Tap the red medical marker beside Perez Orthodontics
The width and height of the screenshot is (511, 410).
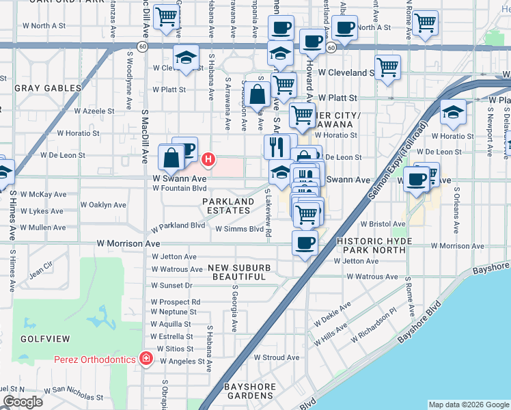pos(146,358)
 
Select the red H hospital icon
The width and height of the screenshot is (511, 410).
pos(209,160)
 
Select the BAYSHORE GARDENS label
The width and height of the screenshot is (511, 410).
pos(251,391)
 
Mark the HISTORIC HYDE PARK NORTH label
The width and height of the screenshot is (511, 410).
pos(374,246)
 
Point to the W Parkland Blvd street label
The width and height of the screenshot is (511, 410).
pos(178,225)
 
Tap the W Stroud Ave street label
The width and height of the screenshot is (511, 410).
pos(277,357)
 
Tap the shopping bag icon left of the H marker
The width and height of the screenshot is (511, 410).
pos(171,159)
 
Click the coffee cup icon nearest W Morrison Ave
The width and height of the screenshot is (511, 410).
pos(305,242)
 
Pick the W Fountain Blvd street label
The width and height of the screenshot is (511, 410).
pos(179,188)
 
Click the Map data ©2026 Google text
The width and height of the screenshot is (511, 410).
pos(468,405)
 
